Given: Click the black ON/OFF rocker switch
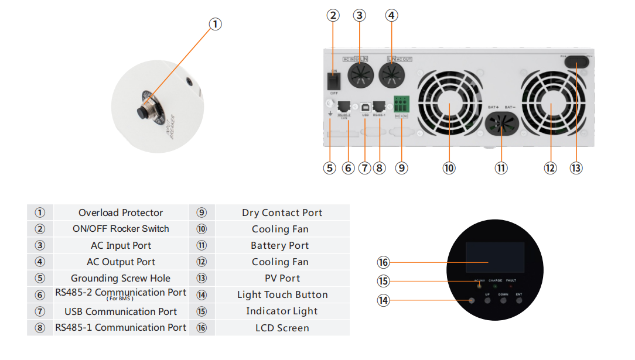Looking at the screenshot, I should [x=334, y=80].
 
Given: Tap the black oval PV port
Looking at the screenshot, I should [x=576, y=61].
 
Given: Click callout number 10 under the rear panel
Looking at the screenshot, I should [x=449, y=168].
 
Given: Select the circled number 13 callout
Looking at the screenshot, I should [x=576, y=168].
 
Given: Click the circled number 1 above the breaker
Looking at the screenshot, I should [x=216, y=24].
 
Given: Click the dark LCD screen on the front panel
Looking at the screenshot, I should [x=491, y=256].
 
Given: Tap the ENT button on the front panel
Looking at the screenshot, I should [x=519, y=301].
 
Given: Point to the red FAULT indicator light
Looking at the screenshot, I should [x=511, y=286].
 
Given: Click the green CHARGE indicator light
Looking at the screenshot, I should [x=495, y=286].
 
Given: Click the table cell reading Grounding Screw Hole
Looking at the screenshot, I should [x=121, y=279].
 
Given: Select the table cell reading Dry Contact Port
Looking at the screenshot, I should [x=282, y=213].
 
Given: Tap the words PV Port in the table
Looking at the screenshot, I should [x=282, y=279].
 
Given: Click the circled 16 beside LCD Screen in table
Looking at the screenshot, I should [x=202, y=328].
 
